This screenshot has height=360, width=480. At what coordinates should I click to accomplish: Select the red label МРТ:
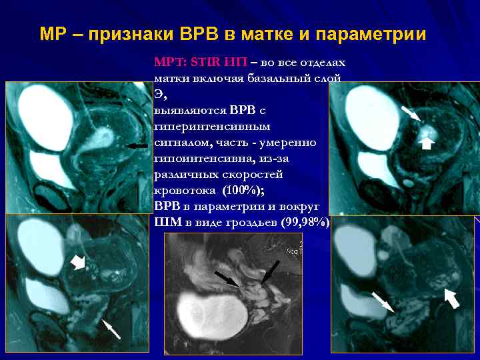tap(171, 63)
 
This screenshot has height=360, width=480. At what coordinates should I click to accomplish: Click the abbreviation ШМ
tap(164, 222)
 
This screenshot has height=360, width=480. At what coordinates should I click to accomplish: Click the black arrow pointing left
tap(137, 145)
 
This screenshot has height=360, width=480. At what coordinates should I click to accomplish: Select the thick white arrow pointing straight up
tap(426, 141)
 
